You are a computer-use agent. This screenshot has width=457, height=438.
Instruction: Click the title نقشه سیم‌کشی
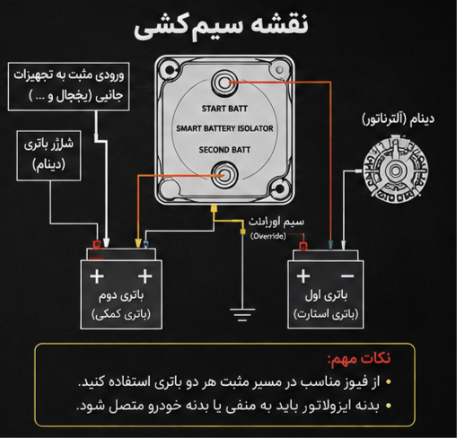tap(221, 26)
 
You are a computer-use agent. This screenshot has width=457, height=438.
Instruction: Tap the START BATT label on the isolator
tap(224, 109)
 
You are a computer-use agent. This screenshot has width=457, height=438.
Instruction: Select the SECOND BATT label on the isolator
tap(224, 150)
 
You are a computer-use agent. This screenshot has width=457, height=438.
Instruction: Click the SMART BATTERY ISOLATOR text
tap(224, 128)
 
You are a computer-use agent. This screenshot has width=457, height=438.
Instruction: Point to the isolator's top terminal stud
tap(224, 83)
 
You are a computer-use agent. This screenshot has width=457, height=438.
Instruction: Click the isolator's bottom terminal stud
tap(224, 175)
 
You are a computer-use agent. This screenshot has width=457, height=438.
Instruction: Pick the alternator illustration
tap(395, 170)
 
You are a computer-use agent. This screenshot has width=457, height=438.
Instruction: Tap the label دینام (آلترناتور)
tap(398, 119)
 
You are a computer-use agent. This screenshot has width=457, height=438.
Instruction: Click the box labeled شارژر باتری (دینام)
tap(48, 155)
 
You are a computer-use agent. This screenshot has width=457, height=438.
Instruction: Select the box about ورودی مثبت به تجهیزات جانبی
tap(68, 86)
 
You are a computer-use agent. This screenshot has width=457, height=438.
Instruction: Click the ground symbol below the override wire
tap(242, 315)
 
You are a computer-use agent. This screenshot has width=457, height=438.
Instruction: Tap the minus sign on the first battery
tap(347, 276)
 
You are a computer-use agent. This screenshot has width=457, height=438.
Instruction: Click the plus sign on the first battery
tap(303, 276)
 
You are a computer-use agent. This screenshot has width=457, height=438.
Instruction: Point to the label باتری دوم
tap(121, 295)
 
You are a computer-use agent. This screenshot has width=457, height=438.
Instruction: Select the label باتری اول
tap(326, 295)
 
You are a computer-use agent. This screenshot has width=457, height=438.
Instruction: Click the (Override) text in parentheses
tap(268, 236)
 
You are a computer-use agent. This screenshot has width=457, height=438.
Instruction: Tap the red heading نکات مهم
tap(359, 358)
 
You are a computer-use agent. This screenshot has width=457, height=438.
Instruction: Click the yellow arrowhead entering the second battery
tap(138, 242)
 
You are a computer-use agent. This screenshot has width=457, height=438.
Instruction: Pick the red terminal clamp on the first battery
tap(303, 246)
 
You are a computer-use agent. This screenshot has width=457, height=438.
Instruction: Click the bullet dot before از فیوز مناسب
tap(389, 381)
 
